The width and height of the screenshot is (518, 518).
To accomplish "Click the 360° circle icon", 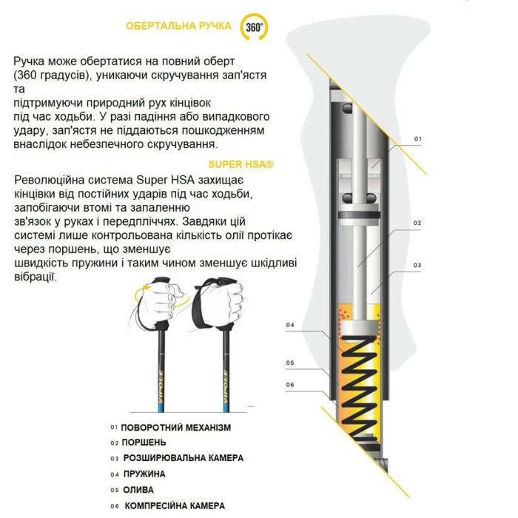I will point(254,27).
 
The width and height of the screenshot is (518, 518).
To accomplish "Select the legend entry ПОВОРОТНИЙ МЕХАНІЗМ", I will point(176,427).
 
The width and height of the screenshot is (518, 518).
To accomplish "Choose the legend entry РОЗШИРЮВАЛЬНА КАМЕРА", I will point(183,458).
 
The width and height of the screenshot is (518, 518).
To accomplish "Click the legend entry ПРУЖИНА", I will point(144,474).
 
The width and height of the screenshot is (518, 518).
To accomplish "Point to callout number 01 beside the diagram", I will point(417,138).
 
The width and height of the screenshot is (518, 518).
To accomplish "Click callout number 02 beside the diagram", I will point(417,223).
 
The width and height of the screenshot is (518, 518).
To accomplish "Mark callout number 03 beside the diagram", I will point(417,265).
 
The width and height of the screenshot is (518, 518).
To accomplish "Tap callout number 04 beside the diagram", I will point(290,325).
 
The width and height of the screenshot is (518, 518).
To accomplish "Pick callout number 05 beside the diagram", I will point(290,363).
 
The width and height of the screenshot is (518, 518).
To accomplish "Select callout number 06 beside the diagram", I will point(290,384).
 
